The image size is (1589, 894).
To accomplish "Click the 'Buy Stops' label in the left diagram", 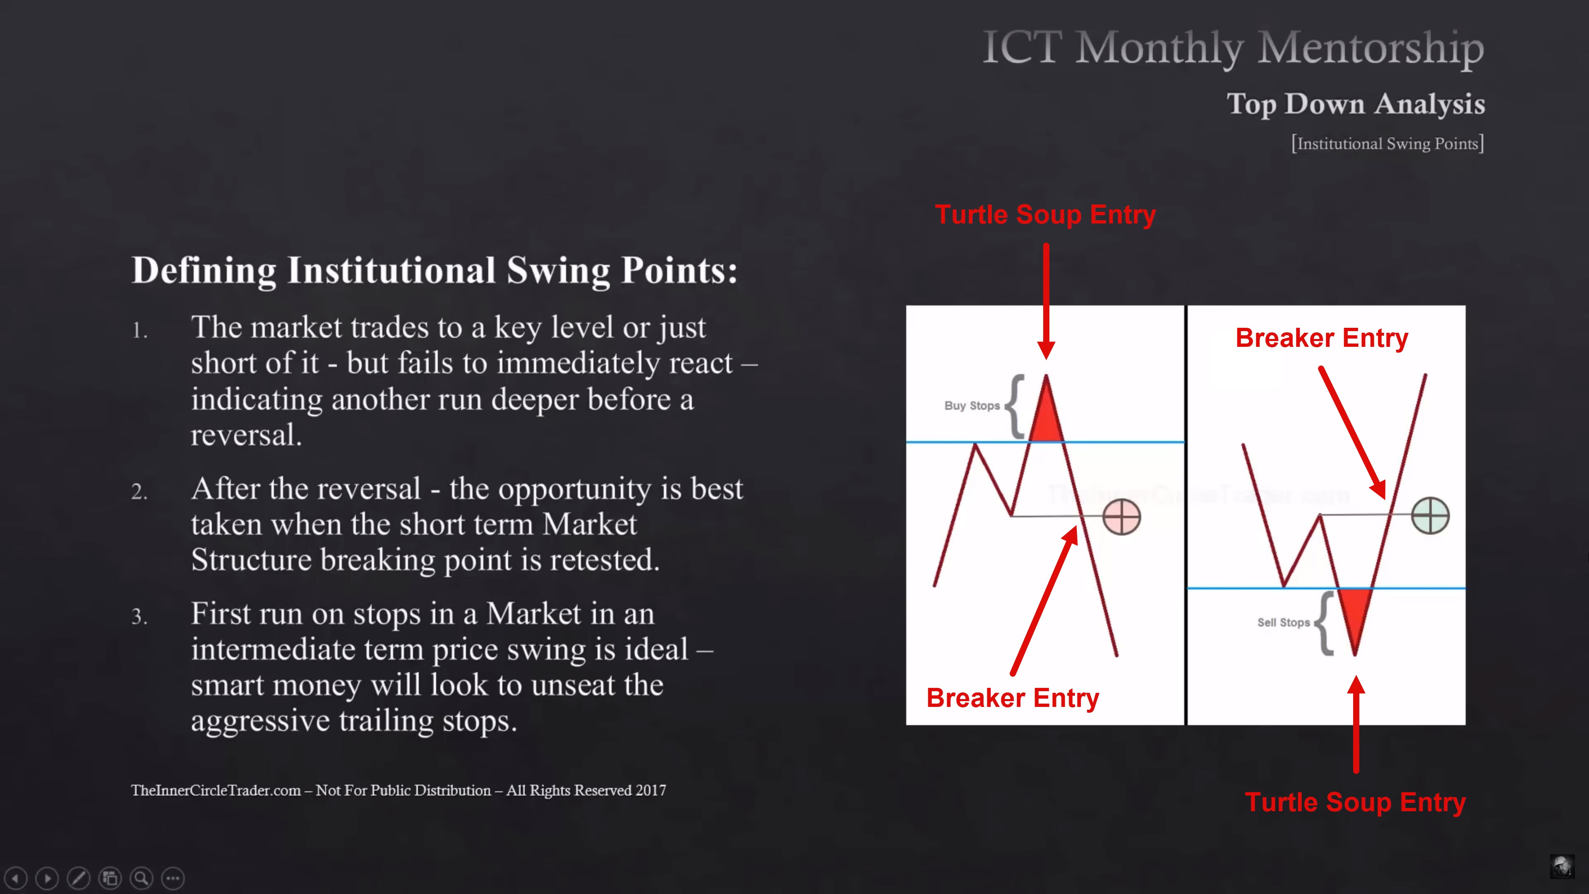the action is click(972, 405).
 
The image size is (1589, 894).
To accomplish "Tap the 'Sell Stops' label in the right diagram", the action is click(1283, 622).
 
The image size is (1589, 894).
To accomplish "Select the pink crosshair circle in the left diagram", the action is click(1121, 517).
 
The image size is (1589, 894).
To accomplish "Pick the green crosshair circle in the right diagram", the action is click(1430, 515).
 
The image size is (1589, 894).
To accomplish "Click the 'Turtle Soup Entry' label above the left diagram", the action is click(1046, 215).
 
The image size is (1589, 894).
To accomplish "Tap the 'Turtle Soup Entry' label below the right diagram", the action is click(1355, 802).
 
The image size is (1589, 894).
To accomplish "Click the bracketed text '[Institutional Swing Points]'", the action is click(1388, 144).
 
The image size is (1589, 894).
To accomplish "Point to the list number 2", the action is click(139, 492).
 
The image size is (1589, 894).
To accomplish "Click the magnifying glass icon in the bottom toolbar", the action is click(141, 878).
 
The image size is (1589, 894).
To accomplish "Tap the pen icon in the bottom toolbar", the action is click(78, 878).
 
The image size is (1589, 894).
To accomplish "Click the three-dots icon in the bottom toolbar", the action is click(173, 878).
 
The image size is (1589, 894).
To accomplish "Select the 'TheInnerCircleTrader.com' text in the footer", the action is click(216, 791).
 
